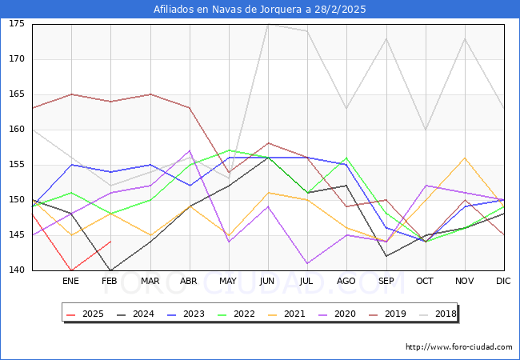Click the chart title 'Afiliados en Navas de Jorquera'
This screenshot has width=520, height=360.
pos(260,10)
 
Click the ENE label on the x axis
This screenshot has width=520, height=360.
pos(70,282)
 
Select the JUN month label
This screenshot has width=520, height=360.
pos(267,282)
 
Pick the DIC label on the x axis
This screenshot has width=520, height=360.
pos(503,282)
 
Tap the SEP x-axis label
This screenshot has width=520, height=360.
pos(386,282)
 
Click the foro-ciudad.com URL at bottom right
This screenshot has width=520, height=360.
pos(458,347)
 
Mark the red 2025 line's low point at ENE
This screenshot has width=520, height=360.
pos(71,270)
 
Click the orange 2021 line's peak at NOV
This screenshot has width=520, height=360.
pos(464,158)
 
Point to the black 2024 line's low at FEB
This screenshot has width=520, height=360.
pos(110,270)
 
